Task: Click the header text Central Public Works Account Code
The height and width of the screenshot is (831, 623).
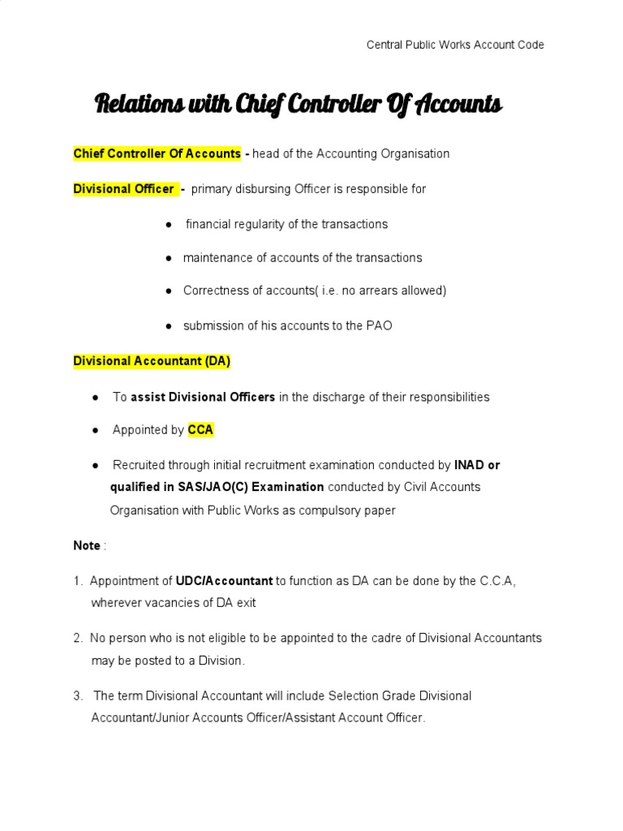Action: tap(455, 45)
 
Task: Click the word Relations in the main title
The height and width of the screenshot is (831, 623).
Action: tap(135, 105)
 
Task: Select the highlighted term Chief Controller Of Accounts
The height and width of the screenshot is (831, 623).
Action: tap(157, 153)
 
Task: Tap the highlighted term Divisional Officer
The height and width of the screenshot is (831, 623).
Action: tap(123, 189)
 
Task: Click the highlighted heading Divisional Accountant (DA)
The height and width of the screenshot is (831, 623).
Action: tap(152, 362)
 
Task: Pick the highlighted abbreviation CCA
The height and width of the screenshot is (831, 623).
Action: tap(200, 430)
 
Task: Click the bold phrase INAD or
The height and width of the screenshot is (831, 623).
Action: tap(477, 465)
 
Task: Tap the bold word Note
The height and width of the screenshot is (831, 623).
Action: tap(87, 545)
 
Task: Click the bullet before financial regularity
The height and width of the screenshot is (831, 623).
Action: tap(168, 224)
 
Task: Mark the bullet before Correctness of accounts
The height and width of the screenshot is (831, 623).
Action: tap(168, 291)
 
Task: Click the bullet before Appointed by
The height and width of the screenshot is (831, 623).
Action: tap(96, 430)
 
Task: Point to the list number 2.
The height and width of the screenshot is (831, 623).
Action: tap(77, 639)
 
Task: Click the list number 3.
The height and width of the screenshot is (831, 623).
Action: tap(77, 696)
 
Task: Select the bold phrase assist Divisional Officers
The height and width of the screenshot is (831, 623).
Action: tap(203, 397)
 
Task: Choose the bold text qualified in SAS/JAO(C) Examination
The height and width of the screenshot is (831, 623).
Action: tap(217, 487)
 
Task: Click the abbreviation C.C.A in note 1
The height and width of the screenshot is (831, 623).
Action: tap(496, 581)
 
